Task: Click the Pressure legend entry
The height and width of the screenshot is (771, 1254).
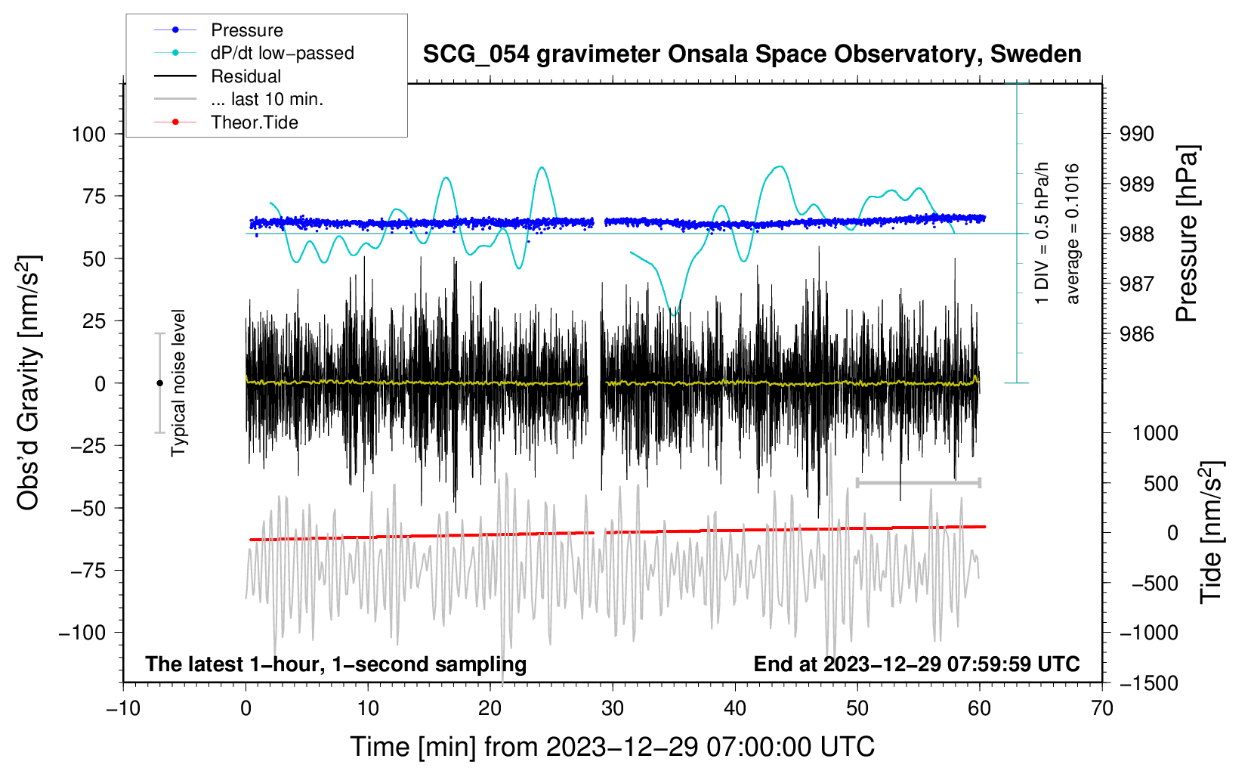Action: [x=218, y=29]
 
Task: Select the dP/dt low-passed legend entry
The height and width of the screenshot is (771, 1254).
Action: [x=254, y=53]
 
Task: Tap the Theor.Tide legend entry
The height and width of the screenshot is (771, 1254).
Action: [x=226, y=122]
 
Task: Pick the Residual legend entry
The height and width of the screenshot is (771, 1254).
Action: [x=218, y=76]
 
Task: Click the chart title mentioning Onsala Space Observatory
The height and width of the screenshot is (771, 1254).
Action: [x=752, y=54]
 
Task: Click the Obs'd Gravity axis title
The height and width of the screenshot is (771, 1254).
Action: [x=28, y=383]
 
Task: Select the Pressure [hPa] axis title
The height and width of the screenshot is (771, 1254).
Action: [x=1187, y=234]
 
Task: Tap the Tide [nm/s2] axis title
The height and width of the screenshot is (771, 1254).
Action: [x=1212, y=532]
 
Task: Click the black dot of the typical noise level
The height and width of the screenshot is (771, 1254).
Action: [x=159, y=383]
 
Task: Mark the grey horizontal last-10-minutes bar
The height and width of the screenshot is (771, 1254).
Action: [x=918, y=482]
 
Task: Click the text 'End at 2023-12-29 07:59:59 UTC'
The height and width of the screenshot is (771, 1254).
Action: [x=916, y=664]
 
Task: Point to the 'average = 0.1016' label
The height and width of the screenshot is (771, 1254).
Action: [x=1072, y=234]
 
